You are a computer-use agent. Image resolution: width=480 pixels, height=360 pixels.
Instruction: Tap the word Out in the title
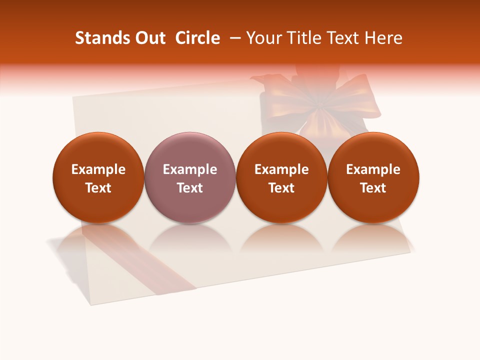tap(149, 38)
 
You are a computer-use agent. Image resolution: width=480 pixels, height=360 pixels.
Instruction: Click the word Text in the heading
tap(342, 38)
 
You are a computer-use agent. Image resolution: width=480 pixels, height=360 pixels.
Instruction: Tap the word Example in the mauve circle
tap(190, 169)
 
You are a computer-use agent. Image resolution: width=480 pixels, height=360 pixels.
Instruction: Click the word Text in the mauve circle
tap(190, 188)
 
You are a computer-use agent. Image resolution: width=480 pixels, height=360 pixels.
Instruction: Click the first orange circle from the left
tap(98, 150)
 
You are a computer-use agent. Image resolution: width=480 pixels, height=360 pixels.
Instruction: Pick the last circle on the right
tap(373, 150)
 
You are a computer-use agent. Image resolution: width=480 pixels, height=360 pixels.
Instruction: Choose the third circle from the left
tap(281, 150)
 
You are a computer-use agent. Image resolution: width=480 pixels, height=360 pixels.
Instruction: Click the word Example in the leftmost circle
tap(98, 169)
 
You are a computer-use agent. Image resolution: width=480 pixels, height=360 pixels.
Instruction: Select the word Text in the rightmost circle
tap(373, 188)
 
